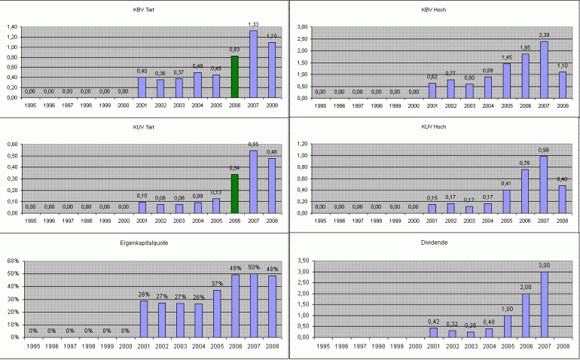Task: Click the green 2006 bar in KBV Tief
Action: click(x=235, y=77)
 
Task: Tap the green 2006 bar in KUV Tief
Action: click(x=235, y=194)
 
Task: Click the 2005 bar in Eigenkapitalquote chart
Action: click(x=216, y=313)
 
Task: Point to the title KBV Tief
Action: click(x=143, y=10)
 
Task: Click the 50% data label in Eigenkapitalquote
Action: click(x=254, y=267)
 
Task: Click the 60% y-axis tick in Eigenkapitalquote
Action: click(x=12, y=261)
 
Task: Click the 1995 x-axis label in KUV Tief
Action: click(x=30, y=221)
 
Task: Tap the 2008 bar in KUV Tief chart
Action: click(x=272, y=185)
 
